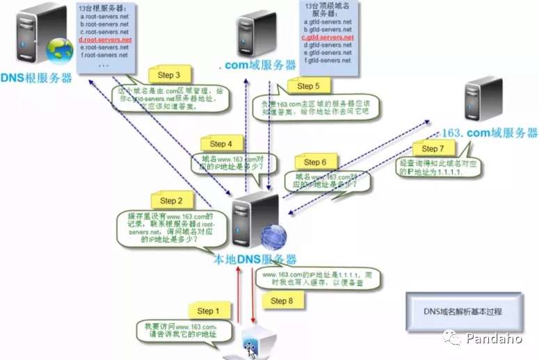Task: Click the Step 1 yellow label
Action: (x=205, y=311)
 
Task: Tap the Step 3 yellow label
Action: (x=169, y=75)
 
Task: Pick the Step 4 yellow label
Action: (x=221, y=144)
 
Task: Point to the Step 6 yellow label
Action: (x=315, y=162)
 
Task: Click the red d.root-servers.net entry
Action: (x=105, y=40)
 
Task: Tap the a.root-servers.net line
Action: (x=104, y=17)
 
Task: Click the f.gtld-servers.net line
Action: (x=328, y=60)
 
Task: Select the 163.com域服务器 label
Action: (x=490, y=132)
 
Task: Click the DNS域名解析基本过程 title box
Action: (x=463, y=311)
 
